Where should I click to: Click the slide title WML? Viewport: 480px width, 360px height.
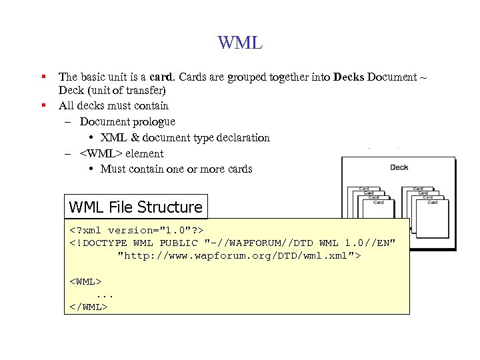tap(240, 44)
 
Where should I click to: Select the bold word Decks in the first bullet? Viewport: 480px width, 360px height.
tap(349, 77)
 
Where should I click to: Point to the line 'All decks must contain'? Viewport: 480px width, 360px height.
tap(113, 105)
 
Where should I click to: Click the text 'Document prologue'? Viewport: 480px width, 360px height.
tap(127, 121)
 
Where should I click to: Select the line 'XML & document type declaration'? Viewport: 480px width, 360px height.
tap(185, 138)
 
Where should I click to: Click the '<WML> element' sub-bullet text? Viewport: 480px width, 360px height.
tap(121, 153)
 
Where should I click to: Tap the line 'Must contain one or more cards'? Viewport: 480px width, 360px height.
tap(176, 169)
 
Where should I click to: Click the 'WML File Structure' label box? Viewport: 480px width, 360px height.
tap(135, 207)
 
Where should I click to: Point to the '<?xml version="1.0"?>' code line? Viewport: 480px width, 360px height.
tap(137, 230)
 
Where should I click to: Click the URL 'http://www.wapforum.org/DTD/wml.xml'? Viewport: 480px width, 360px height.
tap(238, 255)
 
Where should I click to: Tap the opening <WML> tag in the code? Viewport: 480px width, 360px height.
tap(85, 281)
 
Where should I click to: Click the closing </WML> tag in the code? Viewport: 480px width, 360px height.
tap(88, 307)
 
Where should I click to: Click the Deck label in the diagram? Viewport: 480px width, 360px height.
tap(399, 167)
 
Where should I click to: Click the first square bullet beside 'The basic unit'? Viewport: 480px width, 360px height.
tap(43, 77)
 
